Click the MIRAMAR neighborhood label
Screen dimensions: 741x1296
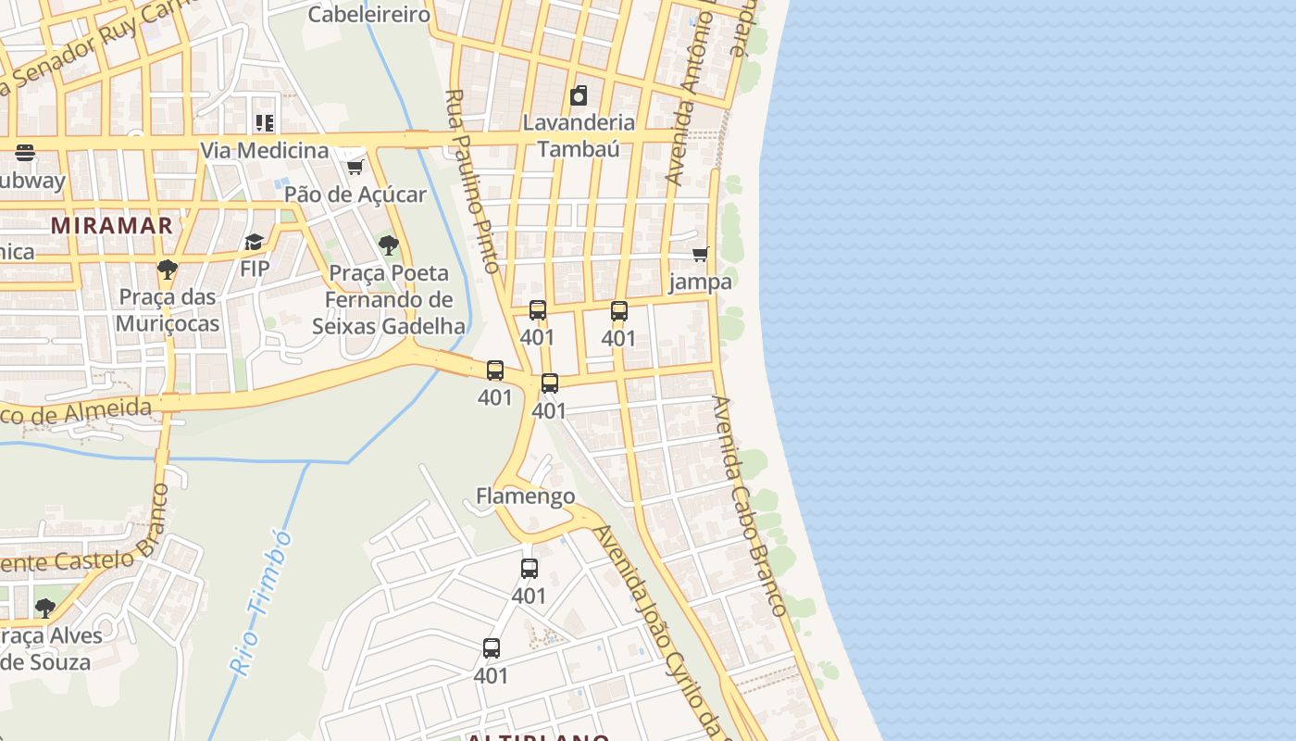click(112, 225)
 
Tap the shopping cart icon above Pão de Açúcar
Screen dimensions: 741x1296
click(355, 167)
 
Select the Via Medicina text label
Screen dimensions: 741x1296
click(265, 150)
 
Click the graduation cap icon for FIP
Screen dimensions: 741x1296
click(254, 243)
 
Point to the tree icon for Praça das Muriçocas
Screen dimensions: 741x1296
click(168, 270)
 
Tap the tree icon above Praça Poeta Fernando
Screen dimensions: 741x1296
click(389, 245)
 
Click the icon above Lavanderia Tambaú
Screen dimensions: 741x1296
click(579, 95)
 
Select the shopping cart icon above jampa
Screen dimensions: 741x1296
click(701, 254)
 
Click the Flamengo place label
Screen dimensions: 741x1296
click(525, 496)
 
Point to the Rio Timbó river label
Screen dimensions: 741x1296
click(260, 602)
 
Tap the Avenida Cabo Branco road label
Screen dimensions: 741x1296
click(749, 506)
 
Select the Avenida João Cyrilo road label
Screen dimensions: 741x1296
click(656, 630)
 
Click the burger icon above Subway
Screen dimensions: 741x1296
click(25, 153)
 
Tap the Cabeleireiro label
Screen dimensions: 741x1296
click(368, 15)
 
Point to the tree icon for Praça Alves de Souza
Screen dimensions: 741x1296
click(44, 609)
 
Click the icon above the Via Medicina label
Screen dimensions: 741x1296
click(265, 123)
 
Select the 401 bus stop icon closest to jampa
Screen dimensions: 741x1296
click(619, 311)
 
